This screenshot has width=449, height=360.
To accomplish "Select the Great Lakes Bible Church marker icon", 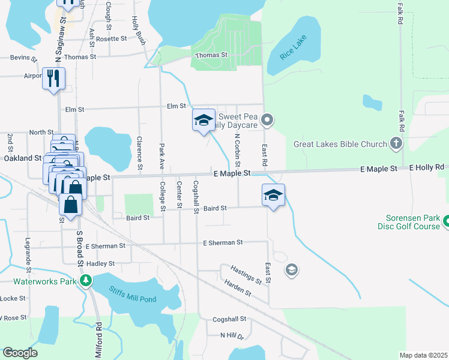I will point(395,143).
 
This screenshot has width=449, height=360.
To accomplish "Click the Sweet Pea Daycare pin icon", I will point(268,121).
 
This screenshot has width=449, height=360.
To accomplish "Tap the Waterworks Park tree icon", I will point(86,280).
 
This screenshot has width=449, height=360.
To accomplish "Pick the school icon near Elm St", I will point(203,120).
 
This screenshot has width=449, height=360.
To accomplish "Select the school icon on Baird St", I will point(273,195).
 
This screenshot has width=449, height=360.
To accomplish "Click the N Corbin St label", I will point(238,151).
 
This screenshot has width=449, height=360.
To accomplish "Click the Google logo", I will point(20,353).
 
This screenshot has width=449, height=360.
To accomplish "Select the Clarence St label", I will point(139,152).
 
